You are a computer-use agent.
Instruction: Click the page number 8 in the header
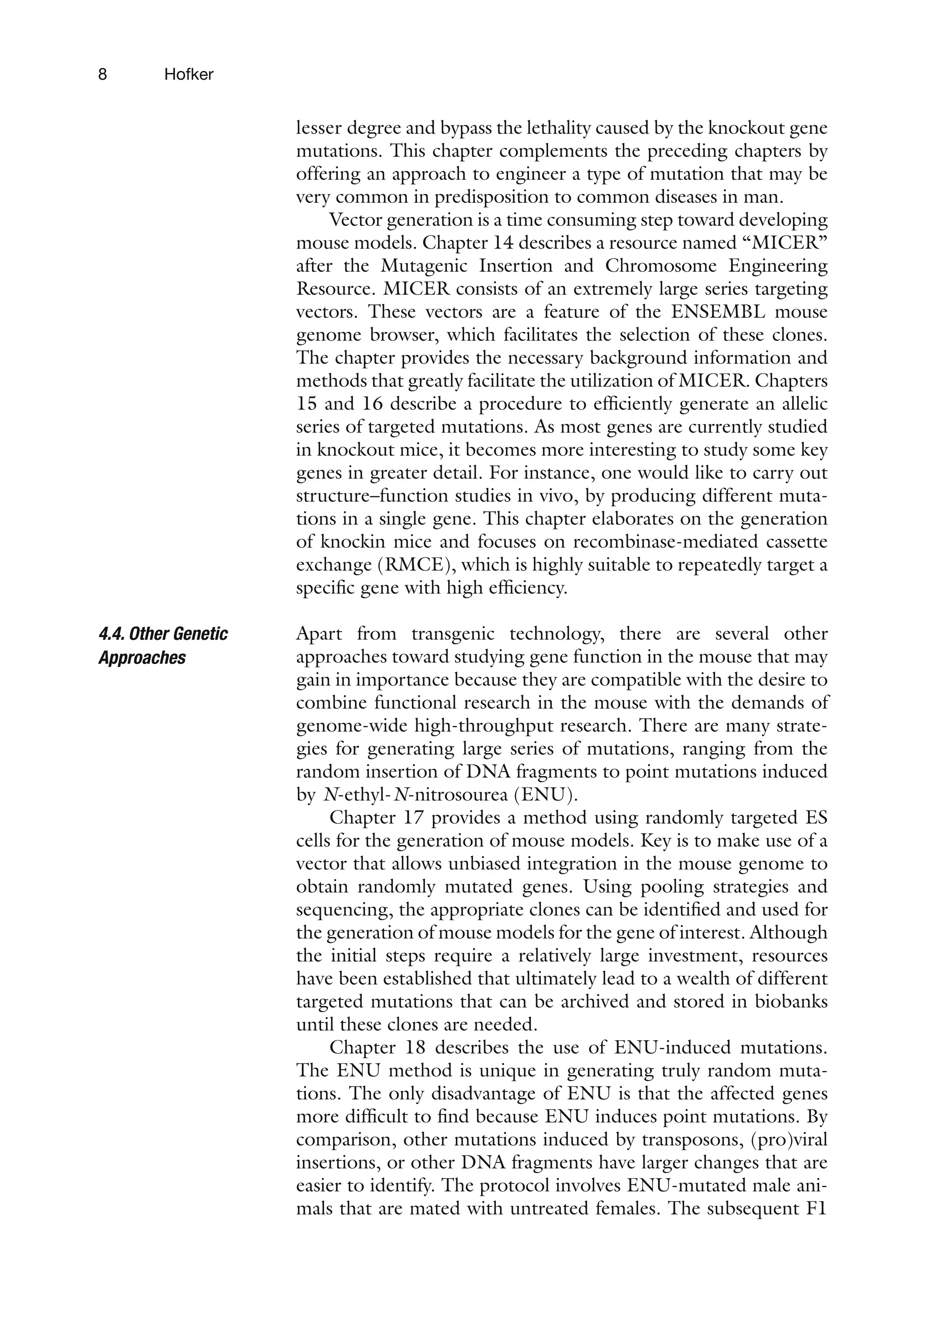103,74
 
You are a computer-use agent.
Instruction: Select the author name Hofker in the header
189,74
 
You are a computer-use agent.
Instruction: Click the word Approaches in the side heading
142,658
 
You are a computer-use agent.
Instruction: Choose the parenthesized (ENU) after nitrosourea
540,795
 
